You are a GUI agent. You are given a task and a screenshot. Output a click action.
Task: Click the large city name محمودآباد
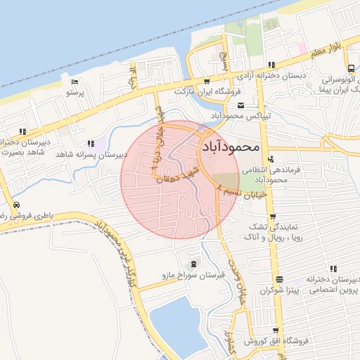pyautogui.click(x=231, y=147)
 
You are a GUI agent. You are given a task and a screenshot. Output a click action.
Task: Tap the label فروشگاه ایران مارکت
pyautogui.click(x=208, y=91)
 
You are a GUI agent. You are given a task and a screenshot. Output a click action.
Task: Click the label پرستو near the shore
pyautogui.click(x=75, y=92)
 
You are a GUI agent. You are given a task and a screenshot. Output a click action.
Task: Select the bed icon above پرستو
pyautogui.click(x=78, y=82)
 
